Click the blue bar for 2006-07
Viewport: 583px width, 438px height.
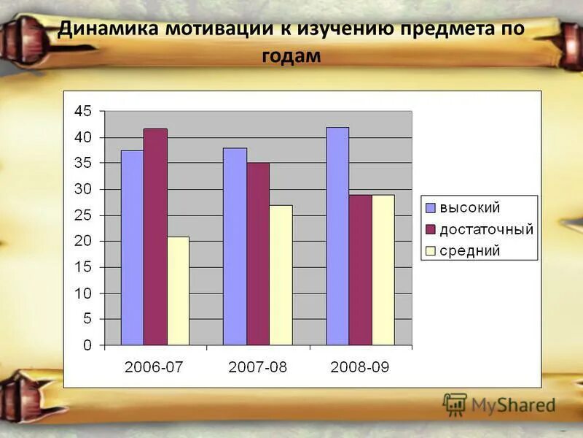(132, 247)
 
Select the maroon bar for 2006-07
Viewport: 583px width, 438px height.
(155, 237)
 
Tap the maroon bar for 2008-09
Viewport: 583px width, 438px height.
(360, 269)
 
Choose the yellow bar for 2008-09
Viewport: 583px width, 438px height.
(383, 269)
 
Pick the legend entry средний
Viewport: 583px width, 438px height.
(468, 250)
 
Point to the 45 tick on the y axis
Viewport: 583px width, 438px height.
(83, 112)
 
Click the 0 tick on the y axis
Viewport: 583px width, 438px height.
(87, 345)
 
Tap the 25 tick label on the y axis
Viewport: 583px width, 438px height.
(83, 215)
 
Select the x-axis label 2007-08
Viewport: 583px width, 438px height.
(258, 367)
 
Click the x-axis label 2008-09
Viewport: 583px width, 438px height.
(360, 367)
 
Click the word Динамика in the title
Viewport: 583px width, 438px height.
(109, 31)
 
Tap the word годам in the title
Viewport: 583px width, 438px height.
(291, 55)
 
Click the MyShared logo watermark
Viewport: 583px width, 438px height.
(499, 404)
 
